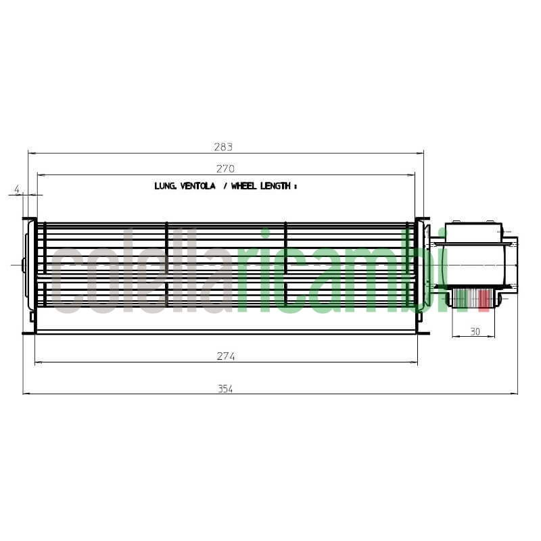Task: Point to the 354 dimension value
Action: pyautogui.click(x=225, y=389)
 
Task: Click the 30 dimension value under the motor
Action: pyautogui.click(x=475, y=331)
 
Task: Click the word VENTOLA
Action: pyautogui.click(x=197, y=185)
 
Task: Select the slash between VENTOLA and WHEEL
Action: pyautogui.click(x=225, y=185)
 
